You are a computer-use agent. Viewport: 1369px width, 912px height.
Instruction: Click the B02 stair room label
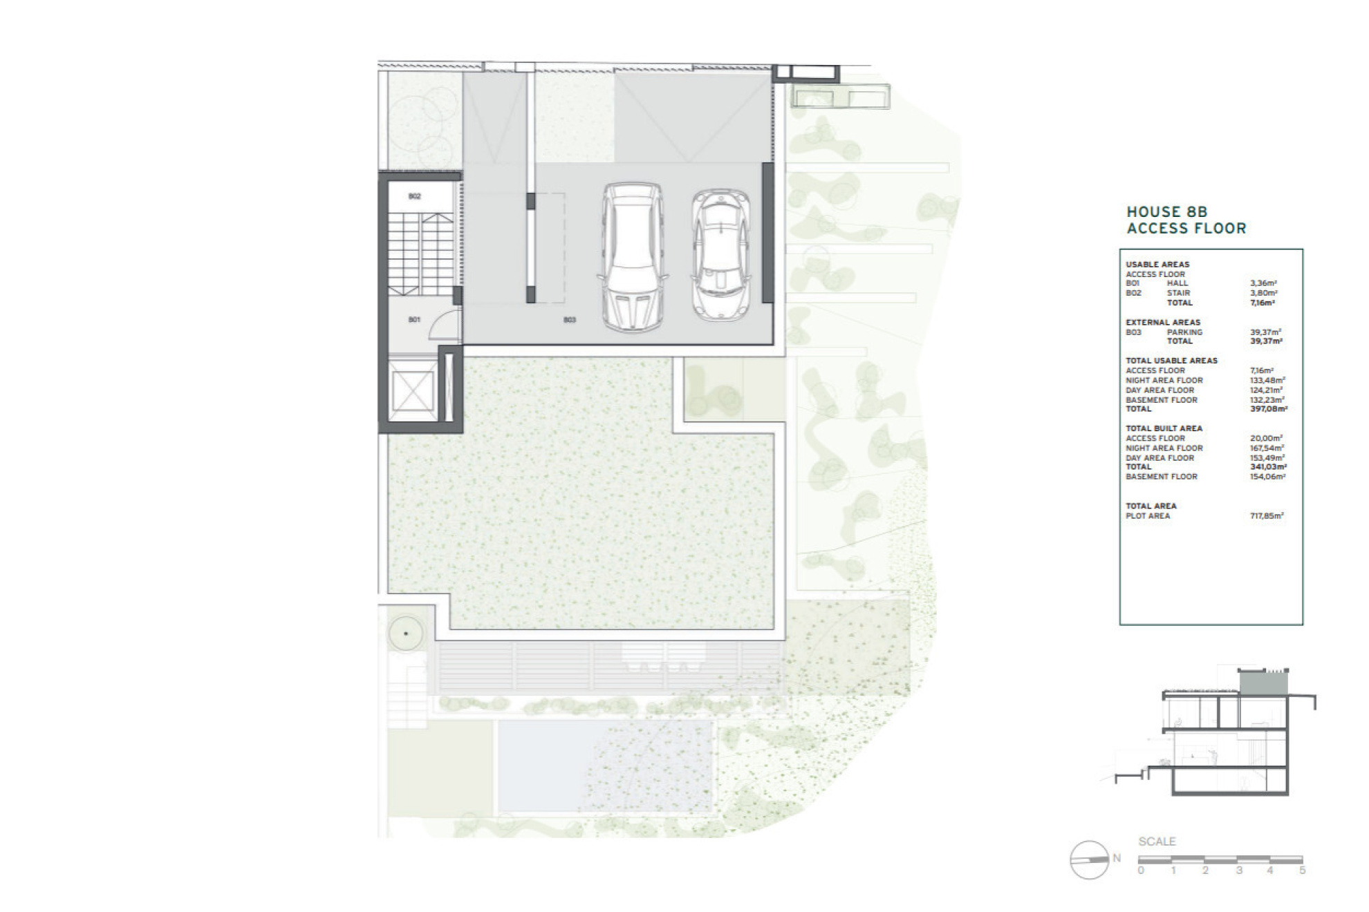click(x=414, y=196)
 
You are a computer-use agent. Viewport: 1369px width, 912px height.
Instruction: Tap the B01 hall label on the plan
click(x=414, y=319)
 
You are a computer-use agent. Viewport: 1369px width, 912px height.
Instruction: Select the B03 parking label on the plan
click(x=569, y=320)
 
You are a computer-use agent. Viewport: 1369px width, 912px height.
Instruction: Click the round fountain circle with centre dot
click(x=406, y=633)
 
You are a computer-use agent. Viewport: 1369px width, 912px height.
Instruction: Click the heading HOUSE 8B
click(x=1166, y=212)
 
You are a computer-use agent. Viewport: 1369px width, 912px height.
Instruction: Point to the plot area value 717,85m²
click(x=1267, y=515)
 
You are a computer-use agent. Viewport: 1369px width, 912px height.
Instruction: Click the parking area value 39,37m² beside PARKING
click(x=1265, y=332)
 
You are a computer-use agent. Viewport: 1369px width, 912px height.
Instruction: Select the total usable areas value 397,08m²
click(x=1268, y=409)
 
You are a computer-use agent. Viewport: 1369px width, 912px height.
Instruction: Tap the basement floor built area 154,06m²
click(x=1267, y=477)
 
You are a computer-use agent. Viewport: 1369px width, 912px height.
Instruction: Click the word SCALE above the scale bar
click(x=1157, y=842)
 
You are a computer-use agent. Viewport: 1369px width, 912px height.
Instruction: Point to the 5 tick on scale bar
click(x=1302, y=870)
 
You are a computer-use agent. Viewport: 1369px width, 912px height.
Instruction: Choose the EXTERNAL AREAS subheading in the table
click(x=1163, y=322)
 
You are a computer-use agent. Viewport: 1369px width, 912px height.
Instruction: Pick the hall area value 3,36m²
click(x=1263, y=283)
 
